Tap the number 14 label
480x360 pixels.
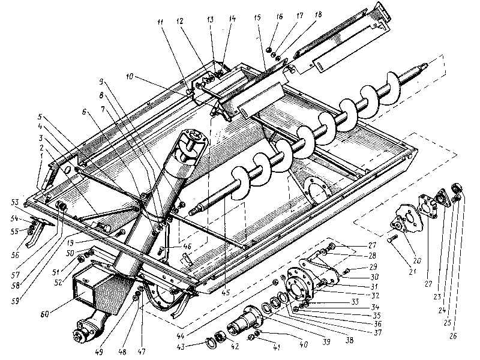[232, 19]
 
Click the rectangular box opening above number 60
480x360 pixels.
[83, 287]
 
